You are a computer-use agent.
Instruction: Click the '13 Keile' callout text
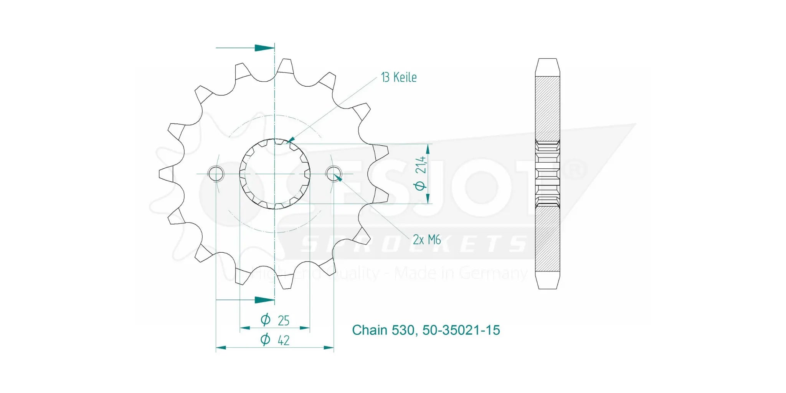pyautogui.click(x=399, y=77)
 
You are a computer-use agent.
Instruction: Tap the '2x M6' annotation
pyautogui.click(x=426, y=240)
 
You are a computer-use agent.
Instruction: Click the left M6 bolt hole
pyautogui.click(x=216, y=174)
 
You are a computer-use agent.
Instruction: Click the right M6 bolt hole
pyautogui.click(x=333, y=174)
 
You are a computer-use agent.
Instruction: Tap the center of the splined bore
pyautogui.click(x=275, y=174)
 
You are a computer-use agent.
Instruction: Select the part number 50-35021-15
pyautogui.click(x=461, y=330)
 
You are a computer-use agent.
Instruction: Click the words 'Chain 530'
pyautogui.click(x=383, y=330)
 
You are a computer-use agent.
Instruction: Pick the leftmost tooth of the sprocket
pyautogui.click(x=166, y=174)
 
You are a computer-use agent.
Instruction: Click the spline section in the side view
pyautogui.click(x=547, y=174)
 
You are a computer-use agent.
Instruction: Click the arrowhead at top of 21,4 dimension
pyautogui.click(x=428, y=148)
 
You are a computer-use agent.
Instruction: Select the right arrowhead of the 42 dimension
pyautogui.click(x=328, y=348)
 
